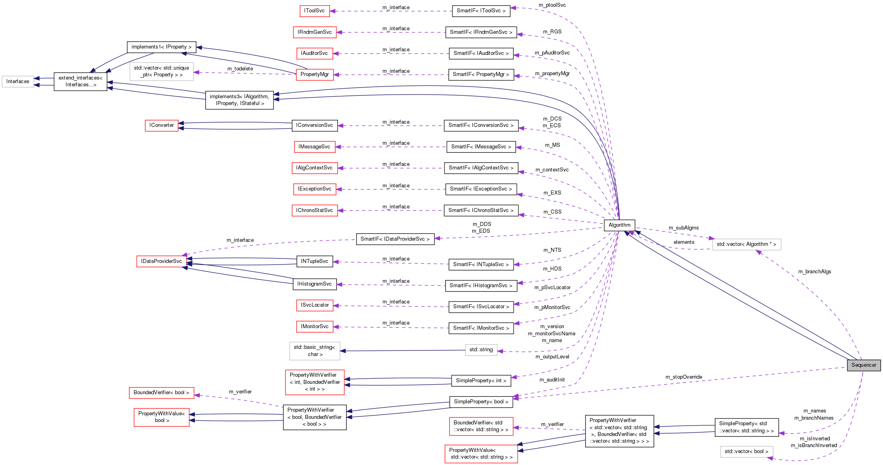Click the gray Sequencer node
864,365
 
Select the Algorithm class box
619,225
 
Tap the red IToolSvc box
314,11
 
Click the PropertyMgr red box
314,74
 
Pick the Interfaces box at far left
18,82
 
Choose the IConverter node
161,125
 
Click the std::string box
481,350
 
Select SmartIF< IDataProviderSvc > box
395,239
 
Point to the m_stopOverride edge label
684,377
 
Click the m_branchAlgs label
815,272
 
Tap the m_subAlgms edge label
683,228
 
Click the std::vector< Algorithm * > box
746,244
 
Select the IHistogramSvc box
314,284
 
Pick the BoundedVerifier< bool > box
161,393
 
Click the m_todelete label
240,69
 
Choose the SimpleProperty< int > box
481,381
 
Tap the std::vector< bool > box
746,451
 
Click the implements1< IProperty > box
161,47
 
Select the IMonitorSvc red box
314,327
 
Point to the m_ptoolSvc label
552,5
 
